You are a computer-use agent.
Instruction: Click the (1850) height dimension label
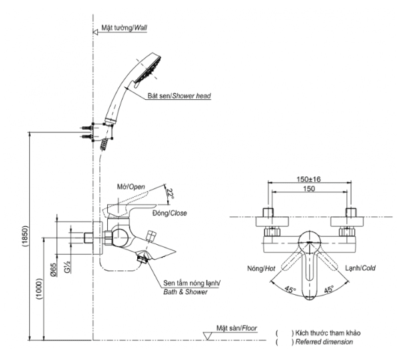(x=25, y=236)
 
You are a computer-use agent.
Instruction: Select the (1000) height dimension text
(x=39, y=289)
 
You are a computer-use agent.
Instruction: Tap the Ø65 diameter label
(x=53, y=270)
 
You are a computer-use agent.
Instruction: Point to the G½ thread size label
(x=68, y=266)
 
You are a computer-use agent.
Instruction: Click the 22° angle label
(x=171, y=194)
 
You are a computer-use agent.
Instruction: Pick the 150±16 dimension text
(x=308, y=179)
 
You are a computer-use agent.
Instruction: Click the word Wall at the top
(x=141, y=27)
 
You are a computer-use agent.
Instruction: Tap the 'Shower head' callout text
(x=192, y=96)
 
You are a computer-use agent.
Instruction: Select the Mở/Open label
(x=131, y=187)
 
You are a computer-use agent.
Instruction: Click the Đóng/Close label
(x=169, y=213)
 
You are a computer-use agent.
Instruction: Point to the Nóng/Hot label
(x=261, y=268)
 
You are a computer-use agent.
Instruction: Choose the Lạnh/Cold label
(x=360, y=268)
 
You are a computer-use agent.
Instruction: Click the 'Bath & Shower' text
(x=185, y=292)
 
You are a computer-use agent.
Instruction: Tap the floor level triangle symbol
(x=207, y=336)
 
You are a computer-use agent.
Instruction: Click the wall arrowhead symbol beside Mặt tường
(x=95, y=32)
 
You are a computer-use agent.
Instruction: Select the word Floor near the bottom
(x=249, y=328)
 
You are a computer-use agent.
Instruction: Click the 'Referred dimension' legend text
(x=324, y=342)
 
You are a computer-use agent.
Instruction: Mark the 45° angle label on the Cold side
(x=328, y=289)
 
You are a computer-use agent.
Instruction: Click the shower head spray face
(x=148, y=71)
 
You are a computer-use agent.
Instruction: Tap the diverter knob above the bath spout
(x=151, y=236)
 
